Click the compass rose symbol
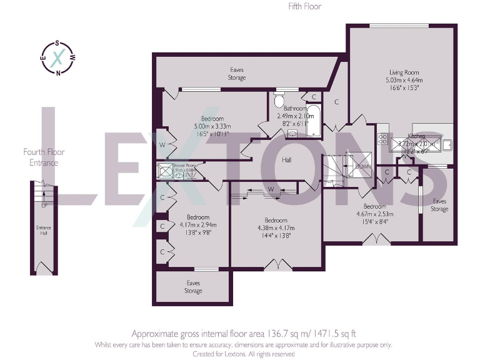coord(57,57)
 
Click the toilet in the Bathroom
coord(279,101)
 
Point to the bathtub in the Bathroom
coord(313,122)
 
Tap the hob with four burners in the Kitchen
coord(382,144)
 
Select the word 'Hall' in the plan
coord(287,160)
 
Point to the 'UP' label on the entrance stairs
coord(44,205)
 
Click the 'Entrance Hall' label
coord(43,230)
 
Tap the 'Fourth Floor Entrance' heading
coord(44,157)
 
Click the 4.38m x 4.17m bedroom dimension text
coord(276,228)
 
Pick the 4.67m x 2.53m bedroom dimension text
coord(375,214)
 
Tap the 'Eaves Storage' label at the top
coord(236,74)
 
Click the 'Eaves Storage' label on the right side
coord(439,205)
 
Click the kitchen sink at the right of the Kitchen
coord(447,144)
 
